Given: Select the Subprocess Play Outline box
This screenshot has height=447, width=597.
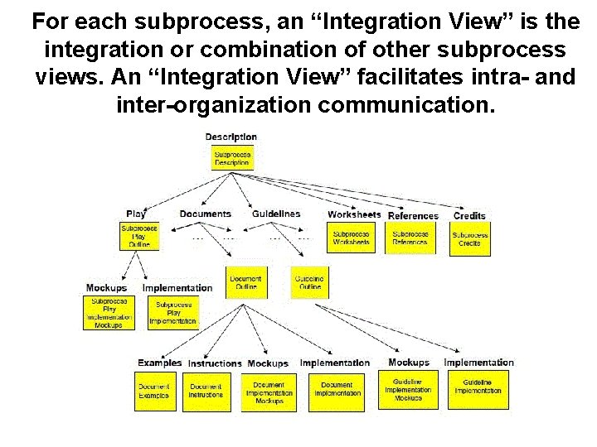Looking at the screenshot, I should (x=139, y=237).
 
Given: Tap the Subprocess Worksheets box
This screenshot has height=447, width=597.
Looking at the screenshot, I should (x=351, y=238).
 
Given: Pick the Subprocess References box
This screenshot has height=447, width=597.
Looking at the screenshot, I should (x=410, y=238).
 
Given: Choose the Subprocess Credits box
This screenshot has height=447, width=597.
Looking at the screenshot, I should (x=469, y=238).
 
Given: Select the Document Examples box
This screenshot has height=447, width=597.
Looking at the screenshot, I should (x=154, y=391).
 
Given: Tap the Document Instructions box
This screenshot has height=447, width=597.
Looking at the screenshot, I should (x=206, y=391).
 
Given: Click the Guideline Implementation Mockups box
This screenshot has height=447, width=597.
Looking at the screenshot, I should (x=408, y=390).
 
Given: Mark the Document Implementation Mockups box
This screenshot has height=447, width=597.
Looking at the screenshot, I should (x=269, y=392).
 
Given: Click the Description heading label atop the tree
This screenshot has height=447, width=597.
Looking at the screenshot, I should (x=231, y=137).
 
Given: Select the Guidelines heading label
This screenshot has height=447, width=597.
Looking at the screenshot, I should (x=276, y=214).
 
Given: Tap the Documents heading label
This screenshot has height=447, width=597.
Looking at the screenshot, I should (x=205, y=214).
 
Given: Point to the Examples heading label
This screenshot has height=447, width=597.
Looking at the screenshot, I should (x=159, y=363).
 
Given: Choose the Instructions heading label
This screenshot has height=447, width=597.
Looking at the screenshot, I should (x=215, y=363).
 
